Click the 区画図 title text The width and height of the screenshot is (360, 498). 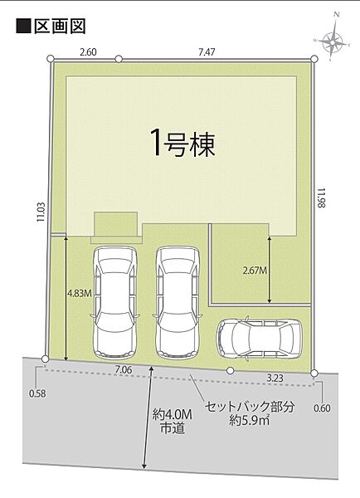click(59, 27)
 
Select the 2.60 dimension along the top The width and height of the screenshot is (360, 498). click(88, 51)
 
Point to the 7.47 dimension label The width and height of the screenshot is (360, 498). click(207, 51)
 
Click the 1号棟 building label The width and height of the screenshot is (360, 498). click(182, 144)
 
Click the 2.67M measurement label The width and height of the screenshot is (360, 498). click(256, 270)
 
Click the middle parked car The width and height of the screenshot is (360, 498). click(176, 300)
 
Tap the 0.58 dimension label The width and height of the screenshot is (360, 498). click(36, 393)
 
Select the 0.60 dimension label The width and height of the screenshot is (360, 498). click(323, 408)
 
